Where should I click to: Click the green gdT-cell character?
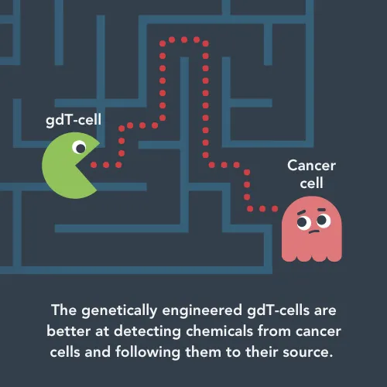point(67,166)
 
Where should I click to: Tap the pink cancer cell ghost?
point(312,229)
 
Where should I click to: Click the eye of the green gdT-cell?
point(79,147)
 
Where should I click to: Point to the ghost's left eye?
point(303,222)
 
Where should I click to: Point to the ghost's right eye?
point(324,220)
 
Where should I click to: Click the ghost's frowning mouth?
point(313,231)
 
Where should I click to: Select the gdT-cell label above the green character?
point(74,120)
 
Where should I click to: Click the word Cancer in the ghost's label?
point(312,166)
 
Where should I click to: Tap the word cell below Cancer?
point(311,183)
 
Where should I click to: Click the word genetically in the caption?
point(119,310)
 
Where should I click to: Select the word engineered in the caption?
point(202,311)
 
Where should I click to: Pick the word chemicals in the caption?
point(219,330)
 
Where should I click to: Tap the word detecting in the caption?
point(147,332)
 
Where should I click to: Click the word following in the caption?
point(148,352)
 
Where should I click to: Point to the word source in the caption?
point(307,352)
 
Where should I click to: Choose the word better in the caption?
point(69,331)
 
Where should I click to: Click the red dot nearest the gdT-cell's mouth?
point(94,165)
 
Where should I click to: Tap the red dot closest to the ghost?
point(275,208)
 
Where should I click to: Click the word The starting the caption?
point(64,310)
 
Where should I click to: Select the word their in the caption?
point(262,352)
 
